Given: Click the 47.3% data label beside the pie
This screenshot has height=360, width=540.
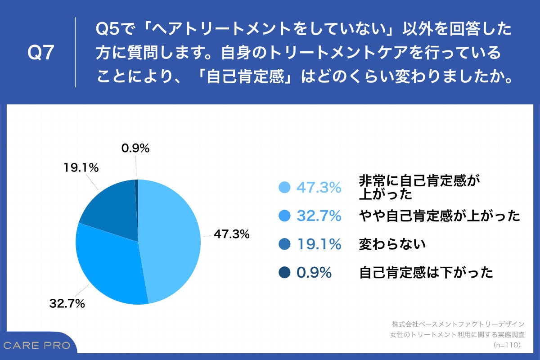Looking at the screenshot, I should [x=232, y=234].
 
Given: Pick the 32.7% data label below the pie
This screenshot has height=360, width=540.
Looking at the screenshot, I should [x=67, y=304].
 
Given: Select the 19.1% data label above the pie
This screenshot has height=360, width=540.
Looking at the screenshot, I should [x=81, y=168].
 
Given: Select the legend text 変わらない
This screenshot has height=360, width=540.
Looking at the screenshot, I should [x=392, y=244].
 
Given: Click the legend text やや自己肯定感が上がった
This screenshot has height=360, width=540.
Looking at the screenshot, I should [x=439, y=216].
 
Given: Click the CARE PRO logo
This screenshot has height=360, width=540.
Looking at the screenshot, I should [x=37, y=346].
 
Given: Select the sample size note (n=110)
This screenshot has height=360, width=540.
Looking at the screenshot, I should [x=506, y=345].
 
